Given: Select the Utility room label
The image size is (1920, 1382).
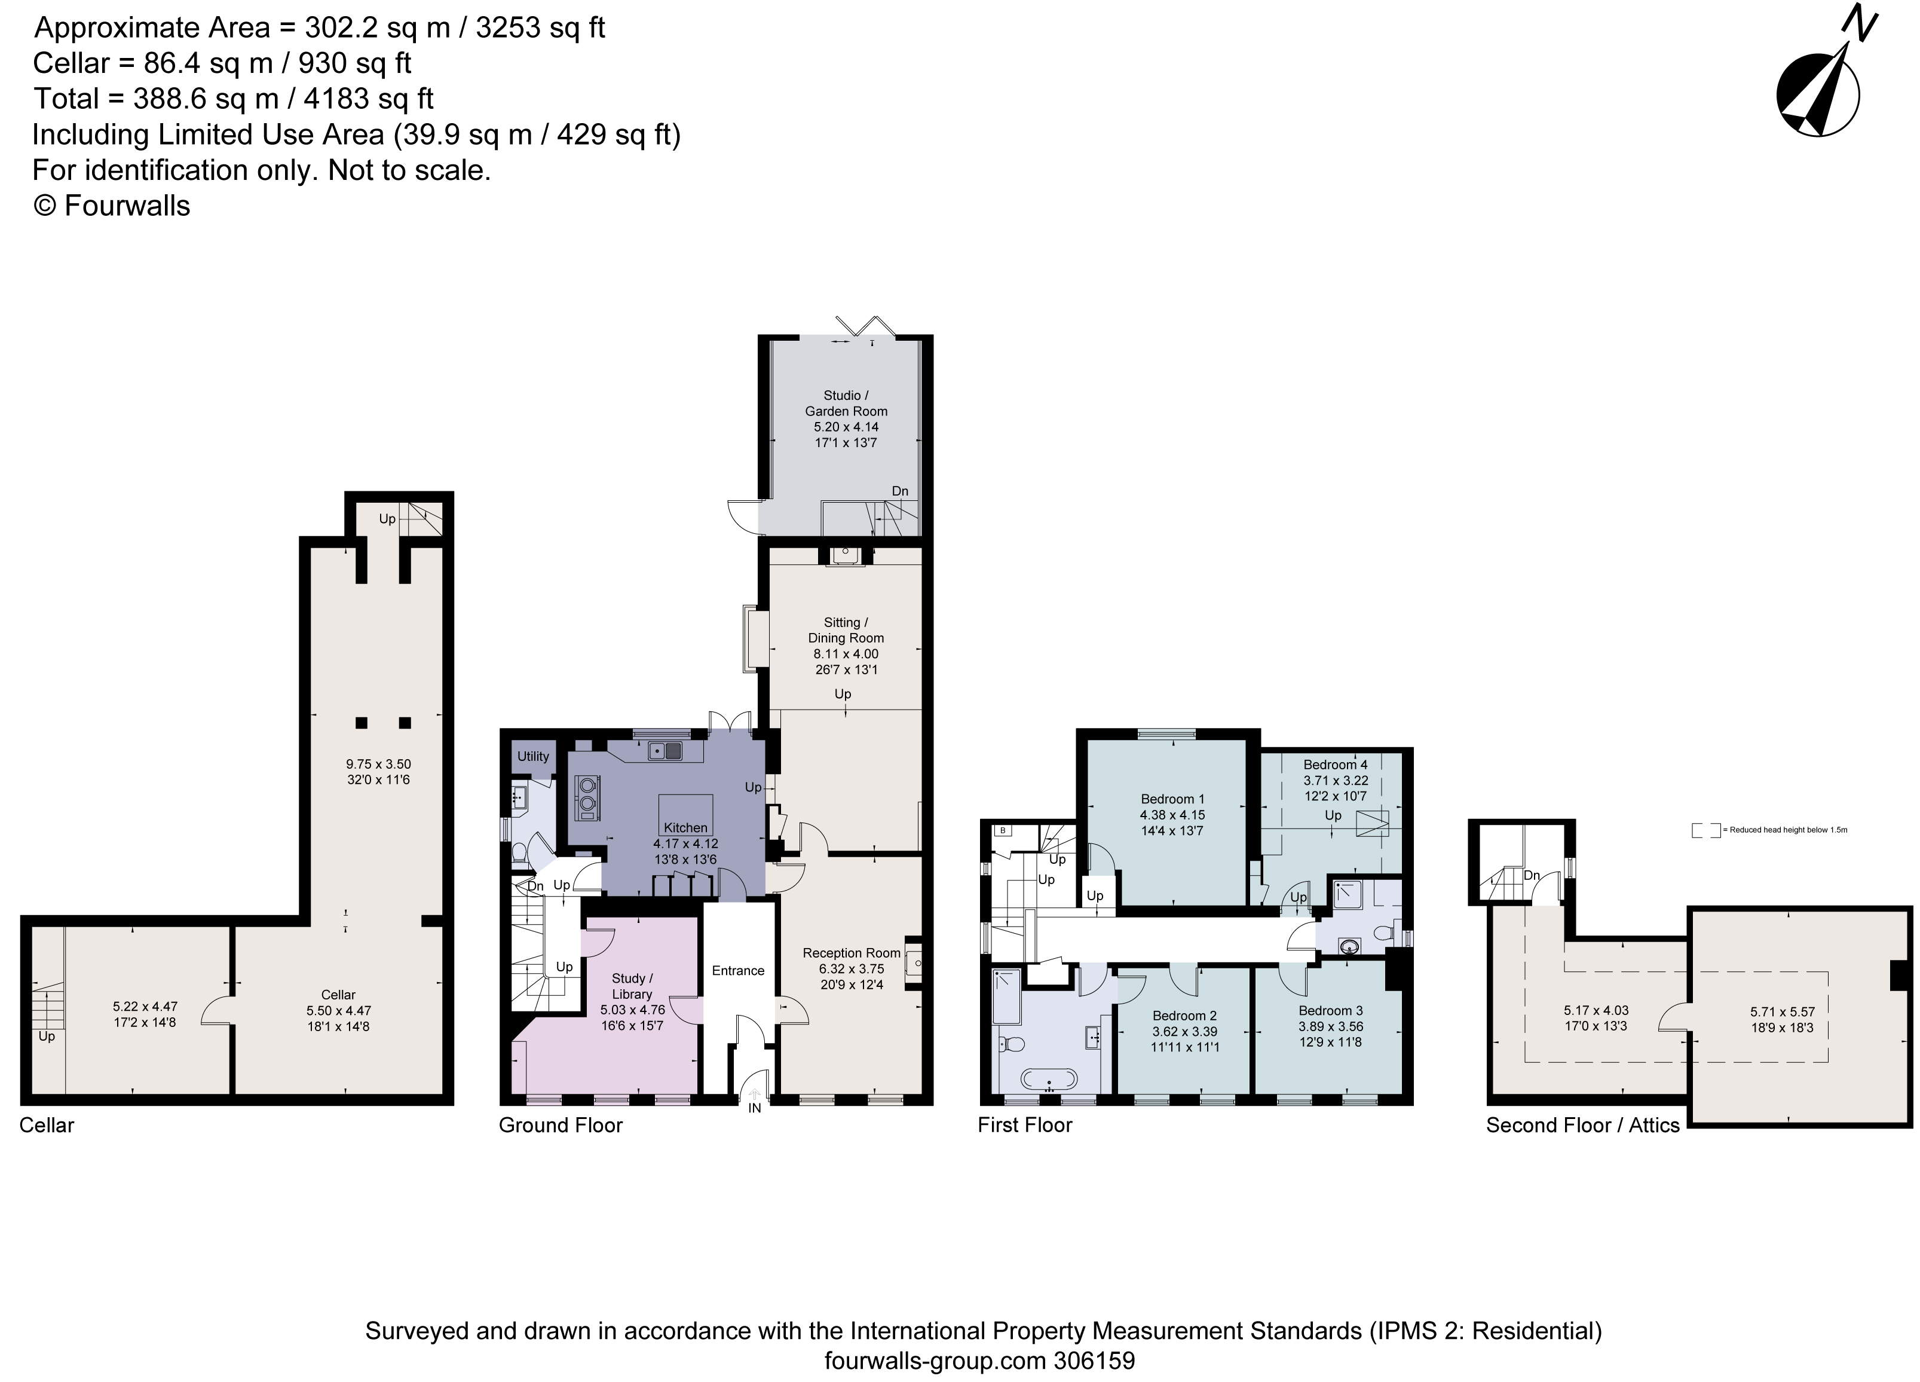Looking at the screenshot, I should [x=533, y=756].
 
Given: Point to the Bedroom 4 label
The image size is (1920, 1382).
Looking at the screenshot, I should [x=1335, y=764].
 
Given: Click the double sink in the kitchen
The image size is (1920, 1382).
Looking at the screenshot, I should [x=666, y=750].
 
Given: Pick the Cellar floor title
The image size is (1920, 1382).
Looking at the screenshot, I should [x=47, y=1126].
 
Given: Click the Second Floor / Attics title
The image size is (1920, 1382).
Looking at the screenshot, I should [x=1582, y=1126].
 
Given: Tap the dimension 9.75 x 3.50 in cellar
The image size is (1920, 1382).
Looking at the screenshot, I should [x=378, y=764].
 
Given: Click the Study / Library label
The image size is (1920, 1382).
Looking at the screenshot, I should [x=632, y=986].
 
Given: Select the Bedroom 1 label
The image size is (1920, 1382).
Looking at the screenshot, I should [x=1172, y=799].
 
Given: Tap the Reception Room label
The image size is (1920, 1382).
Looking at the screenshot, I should [x=851, y=953].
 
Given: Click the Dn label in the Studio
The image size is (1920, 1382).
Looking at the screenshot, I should [x=900, y=491].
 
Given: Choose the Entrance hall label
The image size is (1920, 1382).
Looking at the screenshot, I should [x=737, y=971].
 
